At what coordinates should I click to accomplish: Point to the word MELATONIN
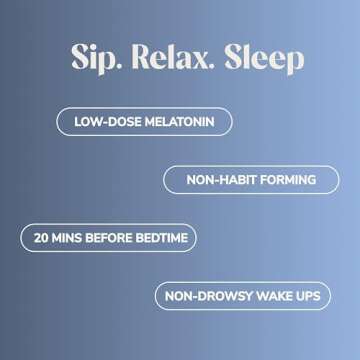(183, 123)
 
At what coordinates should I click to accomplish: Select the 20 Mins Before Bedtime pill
(108, 238)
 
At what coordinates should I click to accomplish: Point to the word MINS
(69, 238)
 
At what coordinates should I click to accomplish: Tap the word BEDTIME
(162, 238)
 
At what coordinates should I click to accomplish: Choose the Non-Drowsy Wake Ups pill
(243, 296)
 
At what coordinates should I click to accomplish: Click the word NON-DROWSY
(204, 296)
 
